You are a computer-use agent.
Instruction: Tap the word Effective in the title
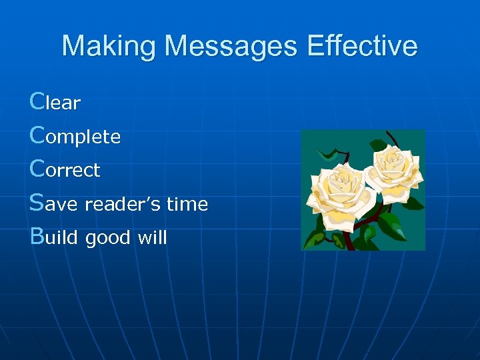tap(362, 47)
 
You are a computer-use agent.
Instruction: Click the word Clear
tap(55, 102)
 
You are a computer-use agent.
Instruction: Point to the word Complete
tap(75, 136)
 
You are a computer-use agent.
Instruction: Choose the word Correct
tap(65, 169)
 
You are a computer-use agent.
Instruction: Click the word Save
tap(54, 203)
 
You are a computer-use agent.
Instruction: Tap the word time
tap(187, 204)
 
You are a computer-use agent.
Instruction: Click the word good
tap(108, 237)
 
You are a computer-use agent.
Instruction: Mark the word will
tap(151, 237)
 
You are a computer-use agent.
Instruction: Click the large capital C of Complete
tap(38, 135)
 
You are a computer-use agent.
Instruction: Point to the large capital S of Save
tap(37, 203)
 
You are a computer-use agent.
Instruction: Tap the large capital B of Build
tap(37, 236)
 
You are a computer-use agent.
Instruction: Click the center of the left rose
tap(341, 181)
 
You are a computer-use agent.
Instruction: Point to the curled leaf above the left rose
tap(328, 154)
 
